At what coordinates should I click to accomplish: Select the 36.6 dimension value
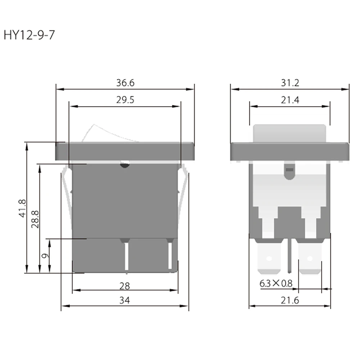coord(125,83)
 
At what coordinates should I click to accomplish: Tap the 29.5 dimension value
coord(125,100)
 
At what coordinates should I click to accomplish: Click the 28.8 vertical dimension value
coord(35,219)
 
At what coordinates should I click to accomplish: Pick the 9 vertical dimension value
coord(45,256)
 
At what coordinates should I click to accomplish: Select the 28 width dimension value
coord(125,286)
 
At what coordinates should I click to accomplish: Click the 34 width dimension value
coord(125,300)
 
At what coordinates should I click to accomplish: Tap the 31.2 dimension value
coord(290,83)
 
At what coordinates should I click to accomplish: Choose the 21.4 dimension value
coord(290,100)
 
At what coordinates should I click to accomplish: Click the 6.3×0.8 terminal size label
coord(276,284)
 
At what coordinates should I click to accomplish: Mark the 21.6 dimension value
coord(290,300)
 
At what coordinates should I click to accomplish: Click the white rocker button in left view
coord(108,134)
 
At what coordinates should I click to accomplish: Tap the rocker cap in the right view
coord(290,133)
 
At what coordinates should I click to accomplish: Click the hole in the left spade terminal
coord(268,258)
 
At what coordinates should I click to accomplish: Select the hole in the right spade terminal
coord(309,258)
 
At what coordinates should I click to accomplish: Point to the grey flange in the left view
coord(125,151)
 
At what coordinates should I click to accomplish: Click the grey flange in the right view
coord(290,151)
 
